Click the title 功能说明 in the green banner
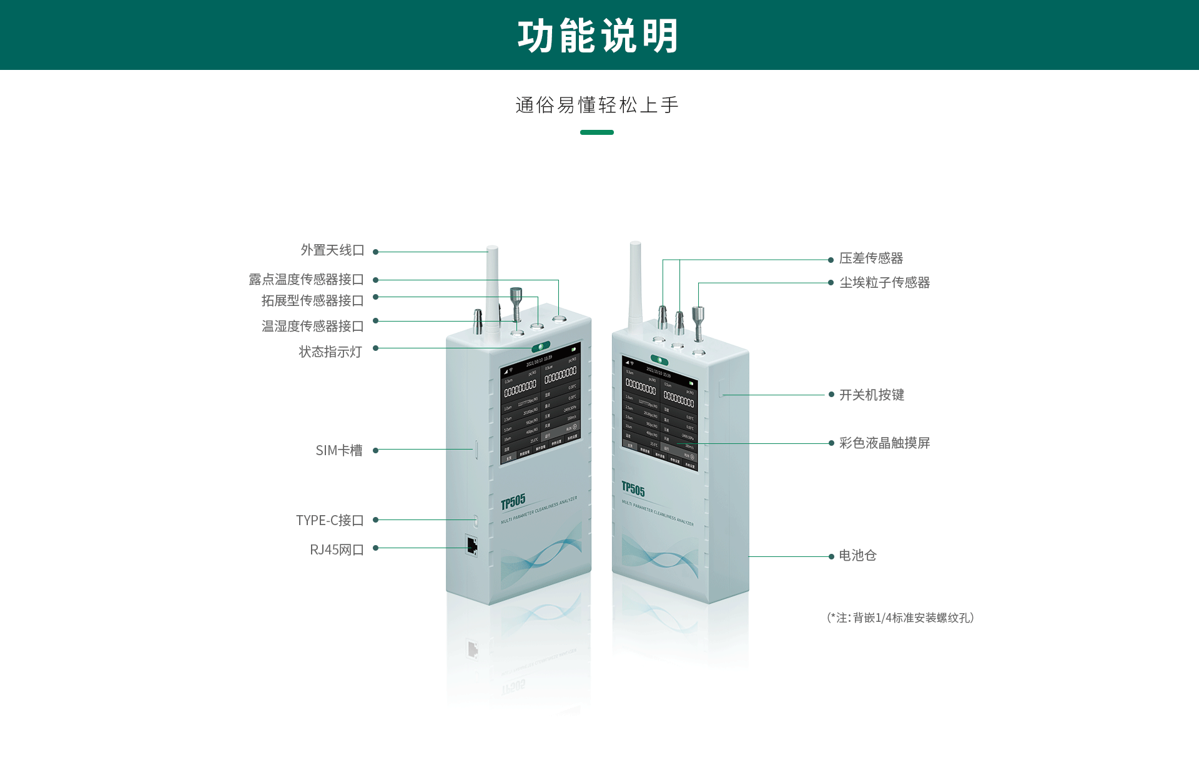point(598,36)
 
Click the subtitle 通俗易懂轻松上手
point(597,105)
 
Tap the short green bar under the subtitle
point(596,132)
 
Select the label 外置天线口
point(332,250)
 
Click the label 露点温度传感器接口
point(306,280)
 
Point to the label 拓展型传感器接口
point(312,301)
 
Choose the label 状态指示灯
point(330,352)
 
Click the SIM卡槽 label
point(338,451)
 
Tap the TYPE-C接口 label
point(329,521)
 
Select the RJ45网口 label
point(336,550)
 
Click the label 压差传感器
point(871,258)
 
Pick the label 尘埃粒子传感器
point(884,283)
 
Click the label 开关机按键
point(871,395)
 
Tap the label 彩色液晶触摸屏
point(884,443)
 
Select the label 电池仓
point(857,556)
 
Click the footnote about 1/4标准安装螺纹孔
point(900,618)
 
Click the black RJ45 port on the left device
point(471,545)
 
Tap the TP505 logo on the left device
point(513,502)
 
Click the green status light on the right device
point(659,360)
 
